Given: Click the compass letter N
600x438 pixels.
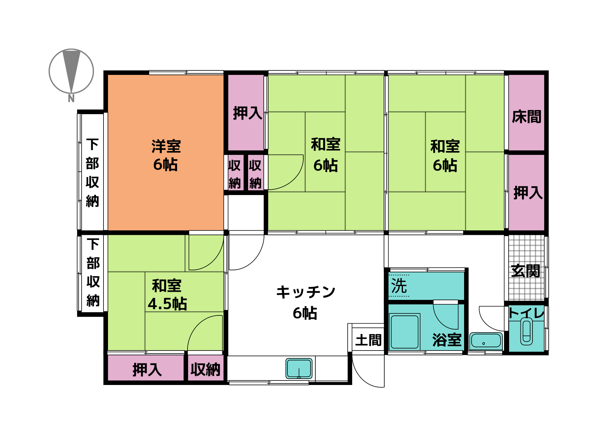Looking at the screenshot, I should pos(71,98).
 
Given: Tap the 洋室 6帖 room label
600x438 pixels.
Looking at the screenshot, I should pos(166,155).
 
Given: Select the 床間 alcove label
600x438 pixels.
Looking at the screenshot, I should pos(526,117).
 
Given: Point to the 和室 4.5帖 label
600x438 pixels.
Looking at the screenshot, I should pos(167,294).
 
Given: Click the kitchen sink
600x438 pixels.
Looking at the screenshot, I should pos(299,368).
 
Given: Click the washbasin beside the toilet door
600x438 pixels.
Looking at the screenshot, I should pos(486,341).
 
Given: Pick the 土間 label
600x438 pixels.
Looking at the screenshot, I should pos(368,340).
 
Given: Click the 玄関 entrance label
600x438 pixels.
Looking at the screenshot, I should pos(526,271).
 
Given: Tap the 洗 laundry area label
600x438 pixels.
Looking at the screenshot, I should pos(399,286).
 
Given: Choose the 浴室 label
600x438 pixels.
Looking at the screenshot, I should pos(447,340).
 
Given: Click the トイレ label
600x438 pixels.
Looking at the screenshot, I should pos(526,313).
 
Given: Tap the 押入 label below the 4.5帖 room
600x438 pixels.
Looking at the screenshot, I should pos(147,370).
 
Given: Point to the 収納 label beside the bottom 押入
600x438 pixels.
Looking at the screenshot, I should pos(205,369).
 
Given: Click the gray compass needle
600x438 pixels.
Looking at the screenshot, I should pos(71,69).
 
